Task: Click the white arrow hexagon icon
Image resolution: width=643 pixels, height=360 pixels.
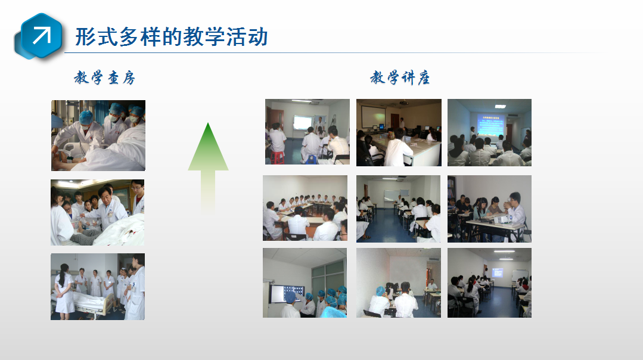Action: [39, 36]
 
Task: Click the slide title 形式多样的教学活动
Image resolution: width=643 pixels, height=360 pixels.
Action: [172, 37]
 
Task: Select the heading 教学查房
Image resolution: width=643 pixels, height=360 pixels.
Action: [104, 77]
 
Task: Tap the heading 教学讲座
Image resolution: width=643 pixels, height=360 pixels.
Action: [400, 77]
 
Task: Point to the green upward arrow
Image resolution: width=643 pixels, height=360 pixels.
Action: [209, 167]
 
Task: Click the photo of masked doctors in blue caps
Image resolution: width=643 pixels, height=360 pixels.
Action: [98, 135]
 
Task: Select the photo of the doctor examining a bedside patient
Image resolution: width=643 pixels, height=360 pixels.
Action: [98, 212]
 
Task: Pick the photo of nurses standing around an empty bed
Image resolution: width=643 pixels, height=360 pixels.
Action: [98, 287]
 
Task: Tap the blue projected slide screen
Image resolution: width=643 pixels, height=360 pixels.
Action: [490, 124]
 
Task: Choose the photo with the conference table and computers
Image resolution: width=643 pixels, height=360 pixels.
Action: [399, 132]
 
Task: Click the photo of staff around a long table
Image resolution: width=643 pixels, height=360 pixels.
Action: [305, 208]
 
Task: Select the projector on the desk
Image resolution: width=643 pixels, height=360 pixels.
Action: [504, 219]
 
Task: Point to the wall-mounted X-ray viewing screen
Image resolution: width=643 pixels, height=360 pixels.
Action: [287, 294]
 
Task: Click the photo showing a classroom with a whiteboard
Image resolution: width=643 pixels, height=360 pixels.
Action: [398, 209]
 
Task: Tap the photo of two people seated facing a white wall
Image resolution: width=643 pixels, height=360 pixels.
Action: [399, 283]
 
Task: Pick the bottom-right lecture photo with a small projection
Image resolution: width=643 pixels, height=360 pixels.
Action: [490, 283]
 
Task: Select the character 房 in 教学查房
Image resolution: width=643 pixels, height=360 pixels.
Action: [128, 77]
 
